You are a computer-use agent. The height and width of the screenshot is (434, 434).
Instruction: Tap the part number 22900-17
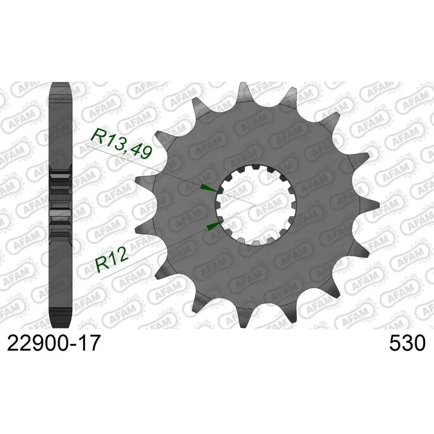pyautogui.click(x=53, y=343)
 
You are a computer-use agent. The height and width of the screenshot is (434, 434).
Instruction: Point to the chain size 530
pyautogui.click(x=407, y=343)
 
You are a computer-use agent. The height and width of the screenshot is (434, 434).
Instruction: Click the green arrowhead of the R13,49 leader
pyautogui.click(x=208, y=188)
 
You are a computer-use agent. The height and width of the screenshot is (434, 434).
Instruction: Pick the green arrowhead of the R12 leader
pyautogui.click(x=215, y=226)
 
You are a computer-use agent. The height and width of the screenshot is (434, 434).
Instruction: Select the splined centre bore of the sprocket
pyautogui.click(x=256, y=205)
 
